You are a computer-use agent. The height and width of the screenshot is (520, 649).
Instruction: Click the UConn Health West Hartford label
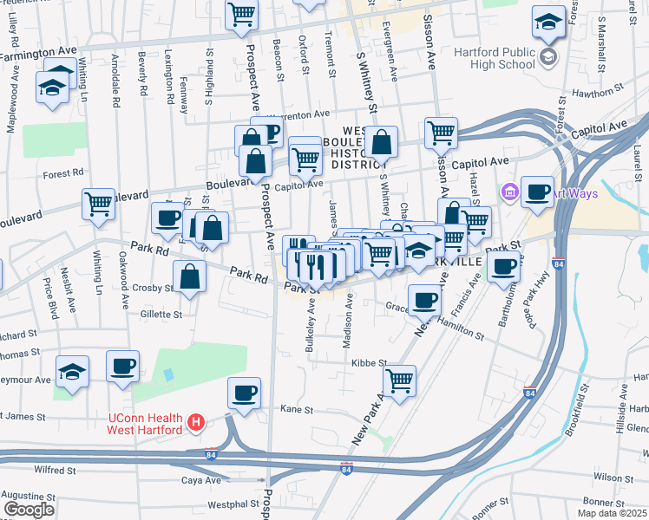point(143,423)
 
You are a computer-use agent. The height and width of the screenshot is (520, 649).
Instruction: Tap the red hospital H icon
point(197,423)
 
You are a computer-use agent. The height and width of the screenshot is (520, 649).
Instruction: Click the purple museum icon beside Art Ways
point(509,191)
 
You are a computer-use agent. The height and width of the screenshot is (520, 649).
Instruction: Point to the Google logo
point(29,510)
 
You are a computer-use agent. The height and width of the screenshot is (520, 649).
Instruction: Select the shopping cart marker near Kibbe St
point(399,379)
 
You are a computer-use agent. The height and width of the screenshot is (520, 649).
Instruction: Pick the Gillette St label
point(161,315)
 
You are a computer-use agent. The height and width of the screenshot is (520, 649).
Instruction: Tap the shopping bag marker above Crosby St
point(189,276)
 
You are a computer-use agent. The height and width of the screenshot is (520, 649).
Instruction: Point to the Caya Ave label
point(198,479)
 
